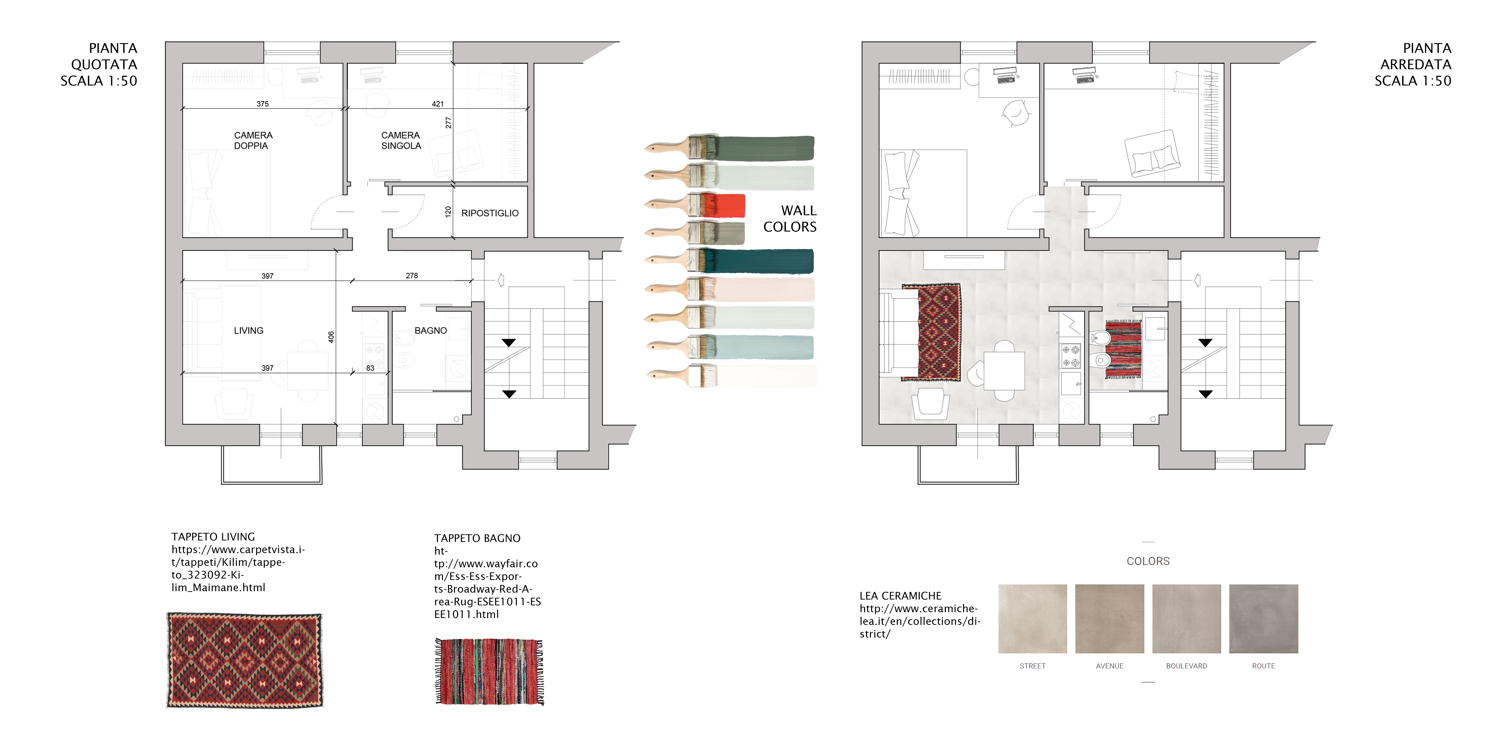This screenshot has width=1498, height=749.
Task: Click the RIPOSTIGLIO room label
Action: tap(490, 213)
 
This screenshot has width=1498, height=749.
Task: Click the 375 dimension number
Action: tap(262, 104)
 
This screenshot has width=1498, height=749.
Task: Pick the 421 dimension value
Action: tap(437, 104)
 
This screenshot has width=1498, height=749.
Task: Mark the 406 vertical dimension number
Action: tap(331, 337)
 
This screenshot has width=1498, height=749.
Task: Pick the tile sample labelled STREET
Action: tap(1033, 619)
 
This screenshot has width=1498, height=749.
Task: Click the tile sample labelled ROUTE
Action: tap(1264, 619)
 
